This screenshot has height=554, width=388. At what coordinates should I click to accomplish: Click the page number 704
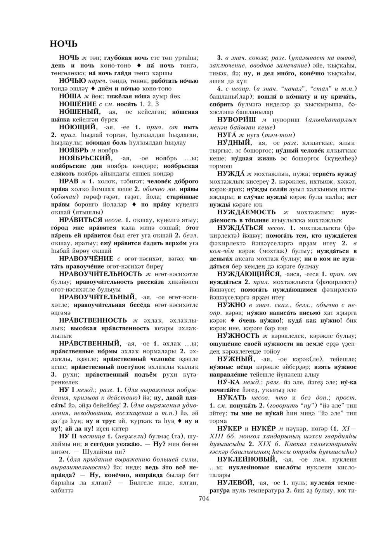coord(204,499)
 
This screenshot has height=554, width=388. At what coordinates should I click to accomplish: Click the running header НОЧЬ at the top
coord(64,43)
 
